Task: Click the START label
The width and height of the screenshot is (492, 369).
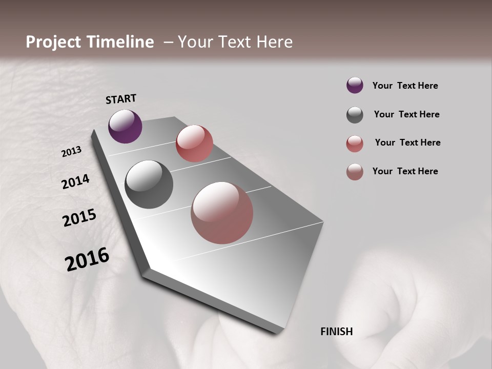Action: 121,99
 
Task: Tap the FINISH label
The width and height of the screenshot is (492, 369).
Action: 337,332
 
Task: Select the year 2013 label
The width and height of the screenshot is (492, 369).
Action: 72,152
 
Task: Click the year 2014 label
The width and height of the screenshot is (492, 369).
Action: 76,182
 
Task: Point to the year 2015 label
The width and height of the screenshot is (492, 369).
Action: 79,218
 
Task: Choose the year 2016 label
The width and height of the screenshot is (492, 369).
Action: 87,259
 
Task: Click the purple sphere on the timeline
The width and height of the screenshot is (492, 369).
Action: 125,126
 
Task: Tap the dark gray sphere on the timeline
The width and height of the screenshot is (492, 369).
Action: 149,184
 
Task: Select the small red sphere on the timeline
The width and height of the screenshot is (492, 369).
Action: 194,143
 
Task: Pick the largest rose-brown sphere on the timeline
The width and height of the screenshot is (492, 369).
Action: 222,213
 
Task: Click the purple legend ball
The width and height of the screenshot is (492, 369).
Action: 355,86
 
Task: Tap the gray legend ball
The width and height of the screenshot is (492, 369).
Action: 355,115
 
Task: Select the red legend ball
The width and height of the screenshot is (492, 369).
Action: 355,143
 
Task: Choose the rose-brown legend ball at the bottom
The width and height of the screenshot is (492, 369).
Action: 355,172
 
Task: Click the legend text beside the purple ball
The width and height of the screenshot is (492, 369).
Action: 405,86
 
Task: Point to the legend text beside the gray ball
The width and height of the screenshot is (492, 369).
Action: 406,114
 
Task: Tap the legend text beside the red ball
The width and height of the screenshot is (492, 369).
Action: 407,142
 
